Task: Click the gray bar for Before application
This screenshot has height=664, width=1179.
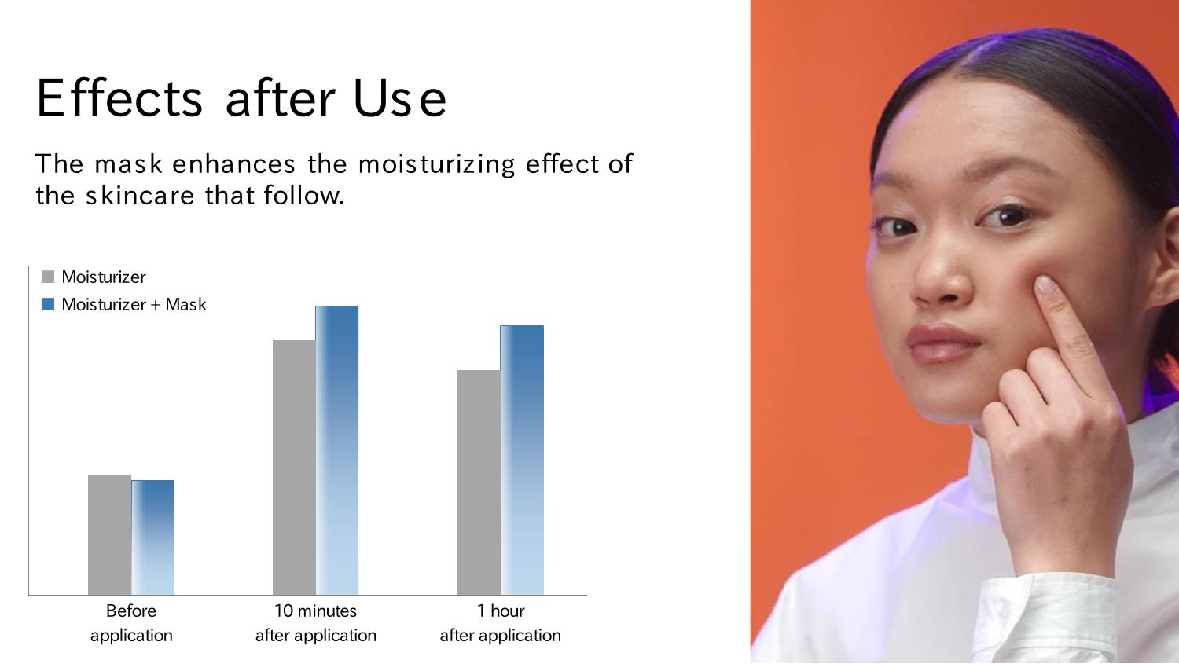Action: (x=109, y=535)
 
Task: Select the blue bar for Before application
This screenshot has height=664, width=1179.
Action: (x=152, y=537)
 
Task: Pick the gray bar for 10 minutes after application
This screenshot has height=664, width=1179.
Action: (x=294, y=468)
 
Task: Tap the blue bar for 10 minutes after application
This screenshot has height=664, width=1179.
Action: (x=337, y=450)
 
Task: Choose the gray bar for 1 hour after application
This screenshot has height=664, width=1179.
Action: (x=479, y=482)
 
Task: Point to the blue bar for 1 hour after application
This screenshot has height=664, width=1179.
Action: (x=522, y=460)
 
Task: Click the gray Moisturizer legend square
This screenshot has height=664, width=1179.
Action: (x=48, y=277)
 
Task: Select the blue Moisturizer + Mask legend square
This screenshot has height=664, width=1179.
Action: (x=48, y=304)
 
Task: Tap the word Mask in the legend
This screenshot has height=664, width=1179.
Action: (x=185, y=305)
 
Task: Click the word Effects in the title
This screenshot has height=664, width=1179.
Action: (x=119, y=98)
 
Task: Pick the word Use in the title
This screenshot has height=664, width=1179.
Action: (x=400, y=98)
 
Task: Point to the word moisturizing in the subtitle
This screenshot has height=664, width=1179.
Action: (x=436, y=164)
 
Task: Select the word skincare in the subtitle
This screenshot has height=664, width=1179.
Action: (x=141, y=195)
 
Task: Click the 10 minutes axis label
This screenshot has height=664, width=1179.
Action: (x=315, y=611)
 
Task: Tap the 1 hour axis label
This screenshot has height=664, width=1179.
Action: (x=501, y=611)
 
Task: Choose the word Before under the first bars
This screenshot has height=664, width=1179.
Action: (x=131, y=611)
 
